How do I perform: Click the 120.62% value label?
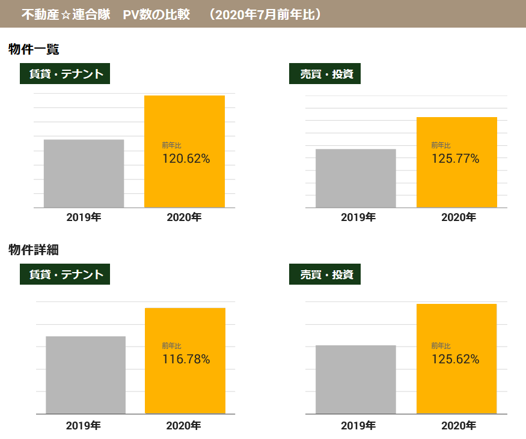pos(186,159)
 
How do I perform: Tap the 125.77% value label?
pos(455,159)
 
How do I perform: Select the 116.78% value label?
pos(186,360)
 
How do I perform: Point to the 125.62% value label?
pos(455,360)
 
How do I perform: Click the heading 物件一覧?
pos(34,50)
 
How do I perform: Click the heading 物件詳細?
pos(34,250)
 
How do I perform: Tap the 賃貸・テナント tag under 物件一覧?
pos(65,74)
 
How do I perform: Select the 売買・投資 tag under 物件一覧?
pos(325,74)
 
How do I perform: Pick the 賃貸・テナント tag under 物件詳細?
pos(65,274)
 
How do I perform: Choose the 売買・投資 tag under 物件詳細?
pos(325,274)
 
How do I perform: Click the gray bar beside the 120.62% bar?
pos(84,174)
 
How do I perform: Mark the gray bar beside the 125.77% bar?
pos(355,178)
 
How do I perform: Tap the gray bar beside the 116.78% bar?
pos(85,375)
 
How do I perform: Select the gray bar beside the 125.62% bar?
pos(355,380)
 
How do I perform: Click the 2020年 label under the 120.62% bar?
pos(184,217)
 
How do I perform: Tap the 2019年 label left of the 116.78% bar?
pos(84,426)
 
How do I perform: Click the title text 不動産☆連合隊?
pos(66,14)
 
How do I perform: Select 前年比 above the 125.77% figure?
pos(441,145)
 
